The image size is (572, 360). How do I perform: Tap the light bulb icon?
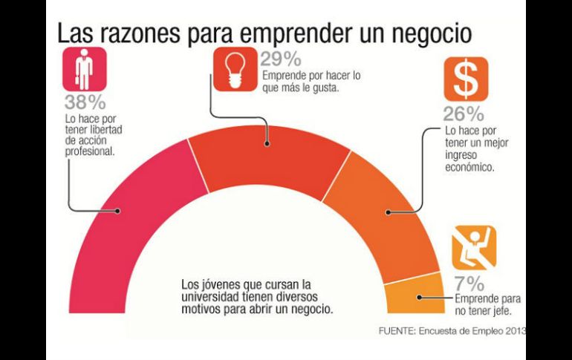point(233,69)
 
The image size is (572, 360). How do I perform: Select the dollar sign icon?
point(465,78)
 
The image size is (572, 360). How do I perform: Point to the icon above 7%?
point(473,248)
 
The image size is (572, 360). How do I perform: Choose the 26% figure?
point(464,114)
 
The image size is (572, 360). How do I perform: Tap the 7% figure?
point(469,284)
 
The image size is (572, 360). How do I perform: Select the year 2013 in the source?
point(514,331)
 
